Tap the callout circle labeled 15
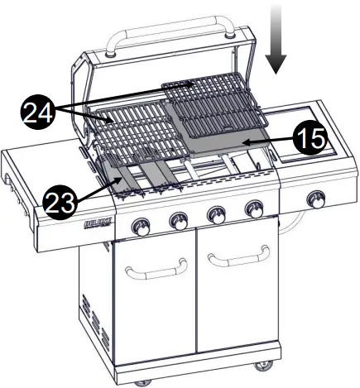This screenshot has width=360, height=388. [x=309, y=138]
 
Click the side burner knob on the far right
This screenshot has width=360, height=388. [x=315, y=199]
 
